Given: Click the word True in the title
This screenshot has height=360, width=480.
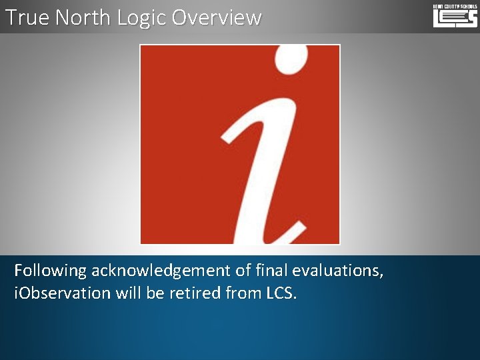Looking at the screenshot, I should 27,17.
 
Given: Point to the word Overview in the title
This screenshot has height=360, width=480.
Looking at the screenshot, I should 217,17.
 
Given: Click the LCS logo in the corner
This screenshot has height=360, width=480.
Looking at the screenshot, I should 455,15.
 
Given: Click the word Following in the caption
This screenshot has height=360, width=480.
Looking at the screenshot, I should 51,271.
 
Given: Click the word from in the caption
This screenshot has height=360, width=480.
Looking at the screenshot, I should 241,293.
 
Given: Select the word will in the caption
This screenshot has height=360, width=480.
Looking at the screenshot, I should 129,293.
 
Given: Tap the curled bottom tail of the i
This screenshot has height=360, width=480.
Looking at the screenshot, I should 290,233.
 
